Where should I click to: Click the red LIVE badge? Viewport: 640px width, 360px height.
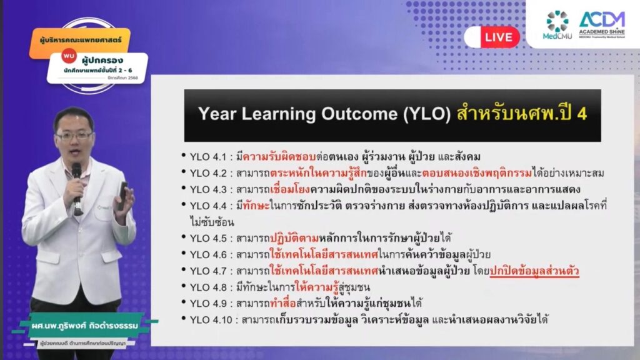(x=499, y=37)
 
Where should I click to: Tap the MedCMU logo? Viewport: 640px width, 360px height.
(x=557, y=25)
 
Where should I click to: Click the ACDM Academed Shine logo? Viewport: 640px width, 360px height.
(x=602, y=24)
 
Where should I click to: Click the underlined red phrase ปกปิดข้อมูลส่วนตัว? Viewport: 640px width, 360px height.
(x=534, y=271)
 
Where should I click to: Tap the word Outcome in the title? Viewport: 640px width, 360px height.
(x=359, y=114)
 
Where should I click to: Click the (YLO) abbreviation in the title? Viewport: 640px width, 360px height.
(x=427, y=114)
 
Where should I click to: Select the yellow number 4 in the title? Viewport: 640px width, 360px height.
(x=582, y=114)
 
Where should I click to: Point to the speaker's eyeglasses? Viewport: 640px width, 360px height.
(x=74, y=136)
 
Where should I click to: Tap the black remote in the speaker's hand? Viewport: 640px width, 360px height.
(x=123, y=196)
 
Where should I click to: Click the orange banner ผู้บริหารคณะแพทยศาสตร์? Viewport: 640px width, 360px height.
(x=80, y=41)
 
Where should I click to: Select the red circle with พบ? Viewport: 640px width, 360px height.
(x=69, y=56)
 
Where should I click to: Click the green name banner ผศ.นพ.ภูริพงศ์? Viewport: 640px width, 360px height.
(x=85, y=326)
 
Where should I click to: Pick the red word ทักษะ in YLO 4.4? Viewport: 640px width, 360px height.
(x=256, y=205)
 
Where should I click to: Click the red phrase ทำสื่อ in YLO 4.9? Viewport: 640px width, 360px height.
(x=283, y=303)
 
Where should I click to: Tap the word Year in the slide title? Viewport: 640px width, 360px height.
(x=217, y=114)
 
